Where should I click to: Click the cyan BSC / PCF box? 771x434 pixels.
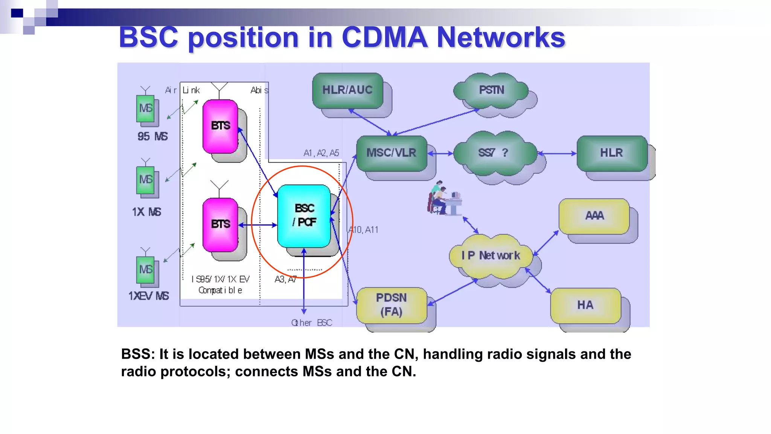(304, 215)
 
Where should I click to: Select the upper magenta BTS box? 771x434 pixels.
(220, 126)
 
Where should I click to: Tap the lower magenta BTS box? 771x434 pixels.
(220, 224)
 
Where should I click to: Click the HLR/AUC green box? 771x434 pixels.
(347, 90)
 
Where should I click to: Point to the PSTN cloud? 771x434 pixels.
(491, 90)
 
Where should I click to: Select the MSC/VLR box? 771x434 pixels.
(391, 153)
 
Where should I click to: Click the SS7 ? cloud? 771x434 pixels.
(494, 153)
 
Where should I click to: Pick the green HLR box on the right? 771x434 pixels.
(611, 153)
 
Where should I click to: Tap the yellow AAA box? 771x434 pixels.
(594, 215)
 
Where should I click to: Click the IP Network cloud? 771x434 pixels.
(491, 255)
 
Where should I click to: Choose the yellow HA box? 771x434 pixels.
(585, 305)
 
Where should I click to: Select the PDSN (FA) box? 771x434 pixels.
(392, 305)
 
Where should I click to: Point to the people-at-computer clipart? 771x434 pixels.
(444, 199)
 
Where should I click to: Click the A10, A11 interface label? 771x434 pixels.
(363, 230)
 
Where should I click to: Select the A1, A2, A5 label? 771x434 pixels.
(321, 153)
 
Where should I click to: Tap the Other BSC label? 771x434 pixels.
(311, 323)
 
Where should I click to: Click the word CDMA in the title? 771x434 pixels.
(384, 38)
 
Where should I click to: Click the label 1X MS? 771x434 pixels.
(146, 212)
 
